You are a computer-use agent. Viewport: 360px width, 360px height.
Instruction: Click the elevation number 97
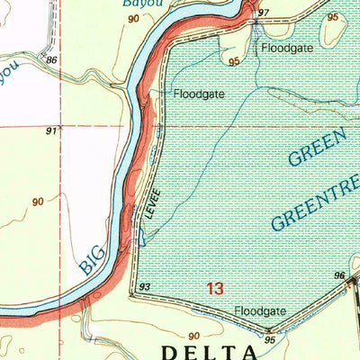pyautogui.click(x=264, y=13)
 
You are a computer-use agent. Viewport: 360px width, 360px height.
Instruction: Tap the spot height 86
pyautogui.click(x=51, y=59)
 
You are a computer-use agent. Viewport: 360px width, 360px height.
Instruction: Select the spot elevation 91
pyautogui.click(x=51, y=131)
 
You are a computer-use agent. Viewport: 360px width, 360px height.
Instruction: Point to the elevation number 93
pyautogui.click(x=144, y=286)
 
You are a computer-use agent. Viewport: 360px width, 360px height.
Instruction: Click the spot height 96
pyautogui.click(x=339, y=275)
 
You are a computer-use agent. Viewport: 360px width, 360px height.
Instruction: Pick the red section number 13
pyautogui.click(x=214, y=289)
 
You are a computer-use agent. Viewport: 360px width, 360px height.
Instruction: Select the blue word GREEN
pyautogui.click(x=317, y=147)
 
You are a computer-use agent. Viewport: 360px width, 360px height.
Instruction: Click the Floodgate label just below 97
pyautogui.click(x=287, y=47)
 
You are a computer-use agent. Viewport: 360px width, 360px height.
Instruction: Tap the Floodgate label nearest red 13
pyautogui.click(x=259, y=311)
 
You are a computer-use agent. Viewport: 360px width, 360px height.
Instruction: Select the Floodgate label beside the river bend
pyautogui.click(x=198, y=93)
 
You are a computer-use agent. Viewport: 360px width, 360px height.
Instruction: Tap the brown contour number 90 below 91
pyautogui.click(x=38, y=201)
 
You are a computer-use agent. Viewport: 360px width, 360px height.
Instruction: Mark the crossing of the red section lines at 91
pyautogui.click(x=61, y=127)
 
